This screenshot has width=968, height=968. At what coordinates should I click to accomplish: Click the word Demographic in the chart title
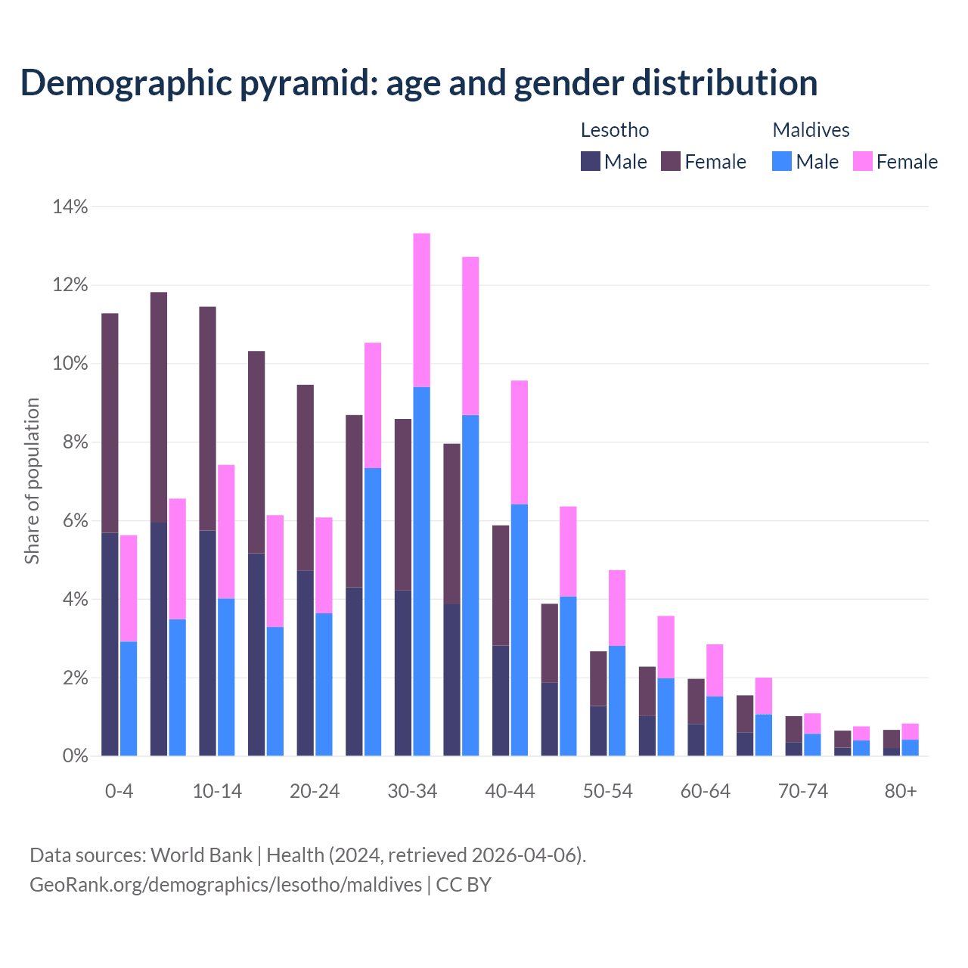click(x=124, y=83)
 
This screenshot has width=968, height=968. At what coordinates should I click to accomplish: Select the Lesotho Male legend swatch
click(x=591, y=161)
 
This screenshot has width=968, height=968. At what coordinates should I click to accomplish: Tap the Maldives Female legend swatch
click(x=863, y=161)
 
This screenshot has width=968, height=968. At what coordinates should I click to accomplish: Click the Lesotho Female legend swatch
click(x=671, y=161)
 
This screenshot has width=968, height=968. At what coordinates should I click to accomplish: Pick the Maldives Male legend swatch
click(x=782, y=161)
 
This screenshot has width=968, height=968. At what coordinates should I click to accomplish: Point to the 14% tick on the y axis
click(x=70, y=206)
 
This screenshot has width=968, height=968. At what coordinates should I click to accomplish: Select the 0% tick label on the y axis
click(x=75, y=756)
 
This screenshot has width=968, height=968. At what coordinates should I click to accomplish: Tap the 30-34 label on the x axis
click(x=412, y=792)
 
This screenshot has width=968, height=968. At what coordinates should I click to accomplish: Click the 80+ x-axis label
click(x=901, y=792)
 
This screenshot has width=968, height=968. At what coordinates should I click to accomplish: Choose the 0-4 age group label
click(x=119, y=792)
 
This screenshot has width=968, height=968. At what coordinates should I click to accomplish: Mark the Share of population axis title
click(x=32, y=481)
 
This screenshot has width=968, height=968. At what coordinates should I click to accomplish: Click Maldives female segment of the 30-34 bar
click(x=422, y=310)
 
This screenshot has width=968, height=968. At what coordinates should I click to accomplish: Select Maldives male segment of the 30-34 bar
click(x=422, y=571)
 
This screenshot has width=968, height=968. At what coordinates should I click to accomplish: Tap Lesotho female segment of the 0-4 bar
click(x=110, y=423)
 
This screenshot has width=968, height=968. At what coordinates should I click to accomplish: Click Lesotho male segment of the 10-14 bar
click(x=207, y=643)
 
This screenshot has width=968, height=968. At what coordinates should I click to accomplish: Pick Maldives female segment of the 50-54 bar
click(x=617, y=607)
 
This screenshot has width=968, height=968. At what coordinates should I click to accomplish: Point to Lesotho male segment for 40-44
click(x=501, y=700)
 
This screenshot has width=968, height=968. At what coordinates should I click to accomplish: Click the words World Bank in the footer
click(x=201, y=855)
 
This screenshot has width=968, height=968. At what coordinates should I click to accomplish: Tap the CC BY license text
click(x=464, y=885)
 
